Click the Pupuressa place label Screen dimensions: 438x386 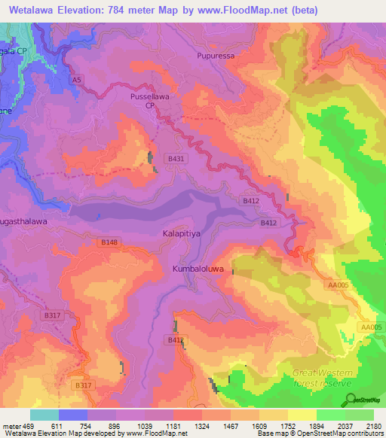[x=216, y=56]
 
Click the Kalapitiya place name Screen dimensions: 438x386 [x=182, y=234]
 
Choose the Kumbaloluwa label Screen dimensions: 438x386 [x=195, y=269]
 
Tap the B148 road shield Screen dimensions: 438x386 [x=109, y=242]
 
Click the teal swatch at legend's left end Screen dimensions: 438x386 [x=44, y=415]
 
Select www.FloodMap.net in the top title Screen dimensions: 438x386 [x=240, y=11]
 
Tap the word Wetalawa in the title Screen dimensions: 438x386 [x=35, y=11]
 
